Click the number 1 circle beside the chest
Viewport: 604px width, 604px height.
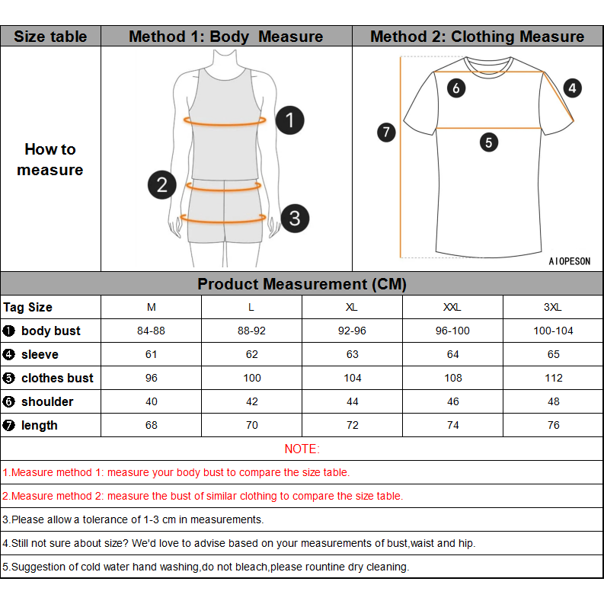289,120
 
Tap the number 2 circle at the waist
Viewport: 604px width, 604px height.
161,184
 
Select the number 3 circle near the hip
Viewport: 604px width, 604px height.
295,219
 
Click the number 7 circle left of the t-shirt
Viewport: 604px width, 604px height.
387,133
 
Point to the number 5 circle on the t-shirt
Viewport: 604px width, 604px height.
488,142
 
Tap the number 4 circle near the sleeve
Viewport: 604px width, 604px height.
572,88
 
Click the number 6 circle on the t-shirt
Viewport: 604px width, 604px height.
456,88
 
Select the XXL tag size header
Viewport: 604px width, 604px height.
452,308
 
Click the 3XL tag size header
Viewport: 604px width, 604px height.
553,308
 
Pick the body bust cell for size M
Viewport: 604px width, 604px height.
151,331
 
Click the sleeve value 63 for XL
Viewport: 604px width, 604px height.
352,355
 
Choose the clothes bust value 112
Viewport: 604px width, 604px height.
553,379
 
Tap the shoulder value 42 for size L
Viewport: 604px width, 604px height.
251,402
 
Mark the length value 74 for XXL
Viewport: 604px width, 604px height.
452,426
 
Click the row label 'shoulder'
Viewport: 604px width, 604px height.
47,402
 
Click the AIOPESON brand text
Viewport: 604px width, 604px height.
569,261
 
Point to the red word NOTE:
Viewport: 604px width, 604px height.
302,449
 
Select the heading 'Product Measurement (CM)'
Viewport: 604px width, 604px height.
302,285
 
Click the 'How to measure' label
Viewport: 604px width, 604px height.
50,160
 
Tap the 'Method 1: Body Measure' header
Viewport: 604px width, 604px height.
225,37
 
